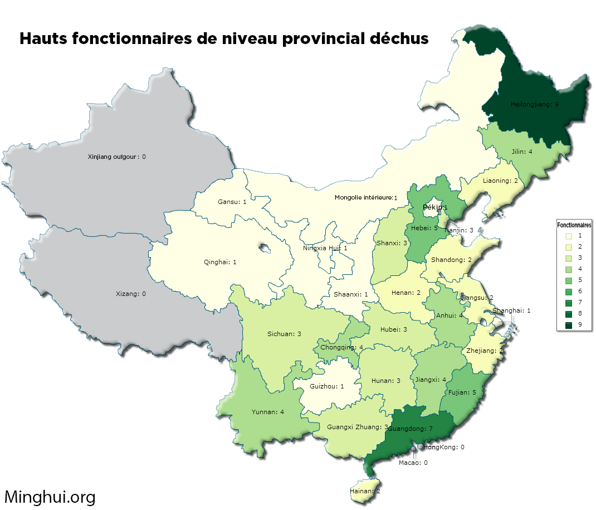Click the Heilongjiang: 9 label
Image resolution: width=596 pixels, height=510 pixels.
pyautogui.click(x=534, y=104)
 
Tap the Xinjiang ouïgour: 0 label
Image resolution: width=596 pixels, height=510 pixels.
pyautogui.click(x=116, y=157)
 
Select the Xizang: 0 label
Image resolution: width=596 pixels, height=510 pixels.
pyautogui.click(x=130, y=294)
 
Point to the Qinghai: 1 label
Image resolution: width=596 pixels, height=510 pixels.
pyautogui.click(x=219, y=262)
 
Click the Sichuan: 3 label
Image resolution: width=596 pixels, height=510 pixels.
pyautogui.click(x=284, y=334)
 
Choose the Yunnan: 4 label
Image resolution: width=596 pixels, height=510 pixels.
pyautogui.click(x=268, y=412)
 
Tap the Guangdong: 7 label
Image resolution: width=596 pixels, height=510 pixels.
pyautogui.click(x=410, y=429)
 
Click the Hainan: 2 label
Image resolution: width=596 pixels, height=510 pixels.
pyautogui.click(x=365, y=491)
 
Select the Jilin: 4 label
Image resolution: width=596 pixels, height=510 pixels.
pyautogui.click(x=522, y=152)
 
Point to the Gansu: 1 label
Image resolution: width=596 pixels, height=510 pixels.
pyautogui.click(x=232, y=201)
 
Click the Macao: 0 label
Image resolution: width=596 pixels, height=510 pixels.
pyautogui.click(x=413, y=462)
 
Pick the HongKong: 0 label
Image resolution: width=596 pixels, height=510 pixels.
pyautogui.click(x=444, y=447)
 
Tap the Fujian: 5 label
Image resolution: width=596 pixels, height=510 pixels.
pyautogui.click(x=462, y=392)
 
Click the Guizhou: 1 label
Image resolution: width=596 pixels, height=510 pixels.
pyautogui.click(x=326, y=386)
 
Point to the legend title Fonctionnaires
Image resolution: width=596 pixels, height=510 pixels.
pyautogui.click(x=574, y=225)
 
